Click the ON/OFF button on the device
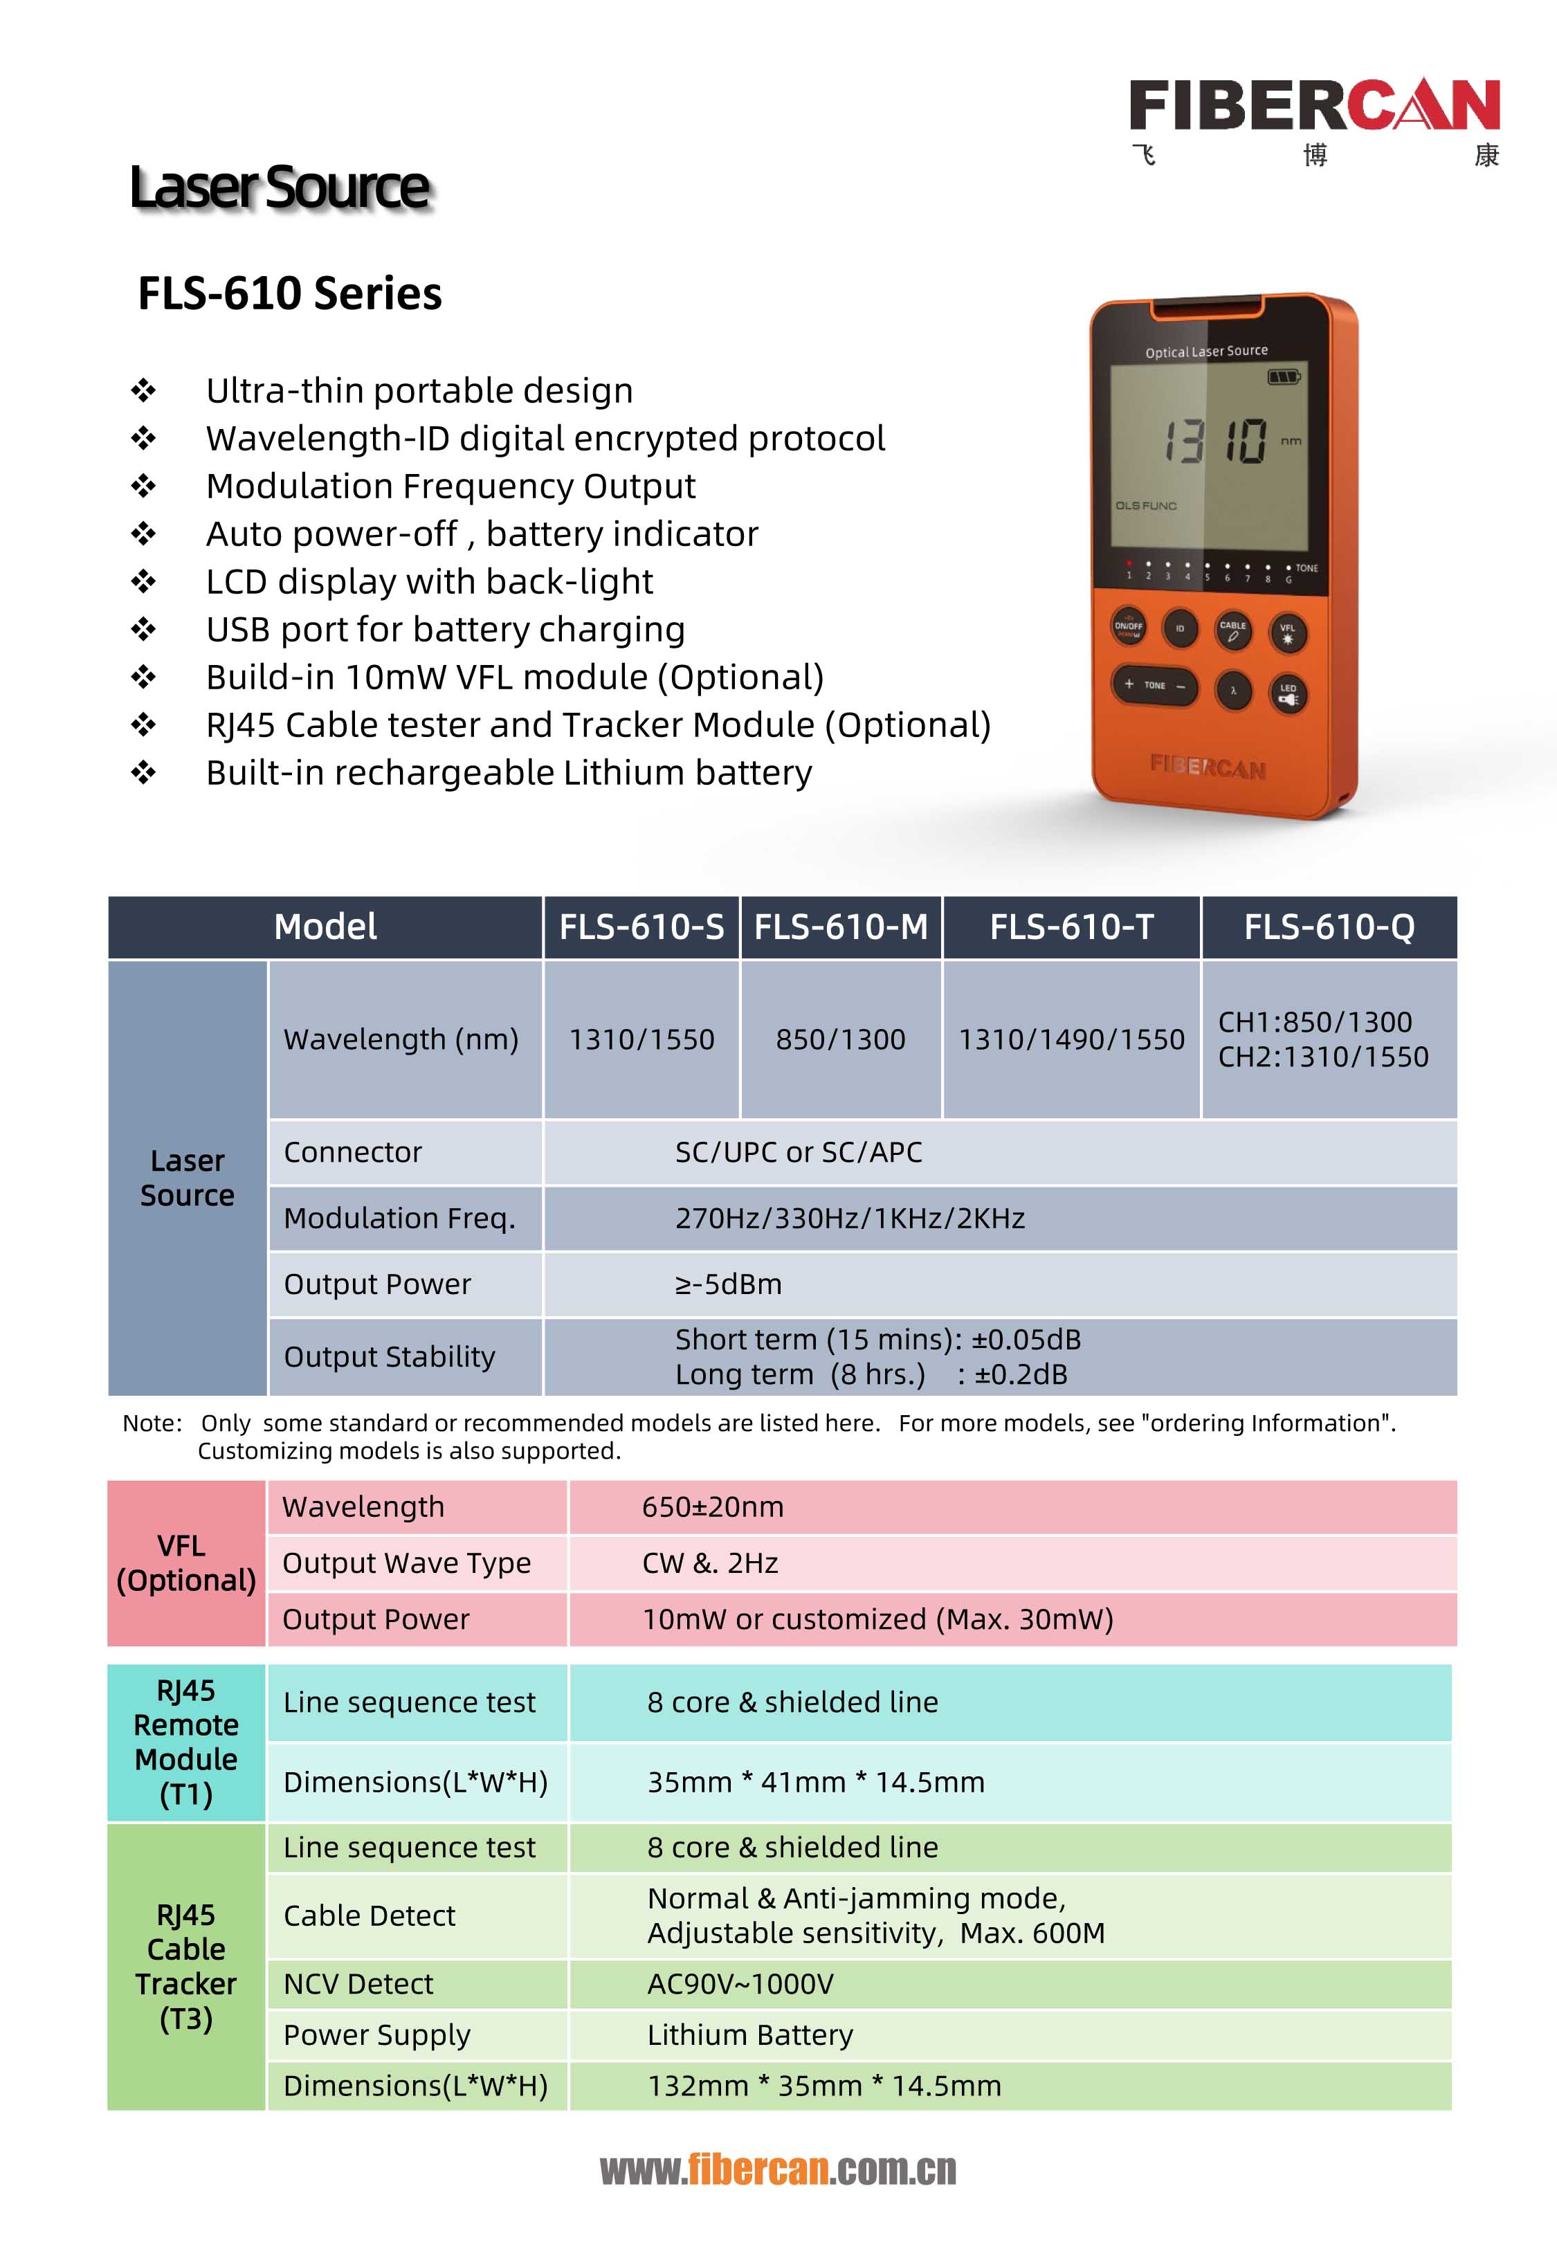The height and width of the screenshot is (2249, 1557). click(x=1129, y=626)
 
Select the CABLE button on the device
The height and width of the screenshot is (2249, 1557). click(x=1233, y=630)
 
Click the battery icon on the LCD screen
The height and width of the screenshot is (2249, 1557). click(x=1283, y=376)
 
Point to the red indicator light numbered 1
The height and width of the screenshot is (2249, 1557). click(x=1129, y=565)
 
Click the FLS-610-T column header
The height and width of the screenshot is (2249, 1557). click(x=1071, y=927)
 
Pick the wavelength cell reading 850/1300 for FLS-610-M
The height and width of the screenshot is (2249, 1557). click(x=840, y=1039)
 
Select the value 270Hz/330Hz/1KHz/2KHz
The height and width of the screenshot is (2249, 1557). click(x=850, y=1218)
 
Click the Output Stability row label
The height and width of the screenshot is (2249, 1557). click(x=389, y=1356)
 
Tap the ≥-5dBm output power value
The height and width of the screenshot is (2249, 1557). click(x=729, y=1284)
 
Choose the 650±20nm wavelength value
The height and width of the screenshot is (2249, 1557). click(x=712, y=1506)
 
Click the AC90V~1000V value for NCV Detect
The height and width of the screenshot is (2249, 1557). click(x=740, y=1984)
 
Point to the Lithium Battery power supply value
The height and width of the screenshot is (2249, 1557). click(x=750, y=2034)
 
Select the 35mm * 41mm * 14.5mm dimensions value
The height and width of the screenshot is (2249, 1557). click(x=816, y=1782)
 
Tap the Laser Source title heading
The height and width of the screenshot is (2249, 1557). click(x=280, y=188)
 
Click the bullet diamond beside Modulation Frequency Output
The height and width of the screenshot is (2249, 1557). click(x=143, y=486)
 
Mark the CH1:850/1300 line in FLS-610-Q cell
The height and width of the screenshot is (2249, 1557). click(x=1315, y=1022)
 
